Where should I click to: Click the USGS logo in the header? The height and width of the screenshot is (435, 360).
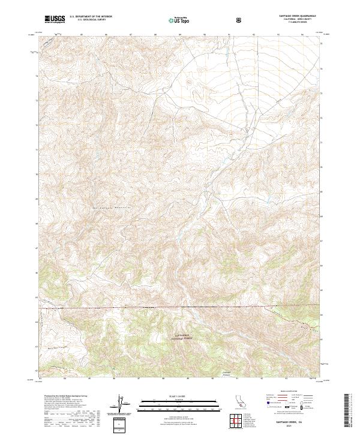(55, 19)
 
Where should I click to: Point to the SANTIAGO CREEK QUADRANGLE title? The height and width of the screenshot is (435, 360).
(295, 16)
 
